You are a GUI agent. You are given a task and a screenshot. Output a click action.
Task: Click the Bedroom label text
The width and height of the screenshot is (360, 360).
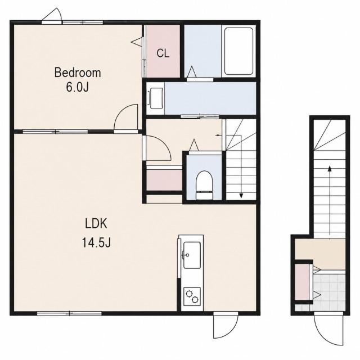pos(78,73)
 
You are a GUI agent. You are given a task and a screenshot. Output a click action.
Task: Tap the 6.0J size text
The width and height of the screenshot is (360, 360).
pos(78,87)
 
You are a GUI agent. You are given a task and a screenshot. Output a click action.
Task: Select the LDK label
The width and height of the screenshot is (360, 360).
pos(96,223)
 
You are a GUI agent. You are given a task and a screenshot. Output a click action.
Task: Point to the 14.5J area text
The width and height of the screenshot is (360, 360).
pos(96,242)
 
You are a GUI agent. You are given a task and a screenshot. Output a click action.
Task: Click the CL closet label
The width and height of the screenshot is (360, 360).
pos(163,53)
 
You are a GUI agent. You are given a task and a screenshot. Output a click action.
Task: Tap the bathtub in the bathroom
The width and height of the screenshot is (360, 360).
pos(238,51)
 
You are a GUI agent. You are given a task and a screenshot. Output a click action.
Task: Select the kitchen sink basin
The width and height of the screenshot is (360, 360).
pos(192,255)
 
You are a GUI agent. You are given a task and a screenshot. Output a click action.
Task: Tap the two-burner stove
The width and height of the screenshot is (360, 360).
pos(192,296)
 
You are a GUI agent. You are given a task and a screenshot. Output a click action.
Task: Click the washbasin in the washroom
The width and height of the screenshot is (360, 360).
pos(156,98)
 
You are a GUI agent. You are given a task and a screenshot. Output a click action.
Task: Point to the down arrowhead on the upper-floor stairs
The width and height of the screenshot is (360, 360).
pos(241,196)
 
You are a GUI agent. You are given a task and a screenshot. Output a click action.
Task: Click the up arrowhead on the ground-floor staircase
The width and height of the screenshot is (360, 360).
pos(330,169)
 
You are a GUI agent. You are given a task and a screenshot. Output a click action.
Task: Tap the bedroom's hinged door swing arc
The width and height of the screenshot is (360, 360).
pos(122,111)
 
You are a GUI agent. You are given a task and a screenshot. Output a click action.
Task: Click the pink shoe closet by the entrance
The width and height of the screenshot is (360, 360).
pos(301,282)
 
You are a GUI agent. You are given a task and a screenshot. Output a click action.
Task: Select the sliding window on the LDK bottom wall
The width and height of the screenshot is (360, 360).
pos(69,313)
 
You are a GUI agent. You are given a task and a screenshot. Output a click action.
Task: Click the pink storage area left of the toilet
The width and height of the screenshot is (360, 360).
pos(164,180)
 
